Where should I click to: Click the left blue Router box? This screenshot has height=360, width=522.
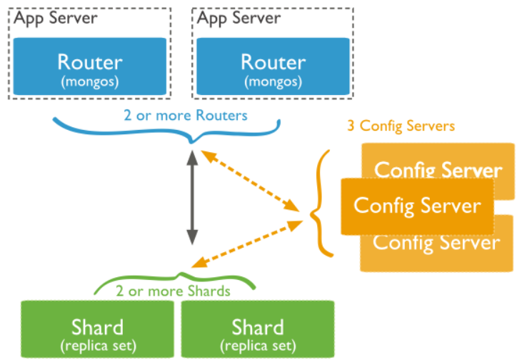(90, 67)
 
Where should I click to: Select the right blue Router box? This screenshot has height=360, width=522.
(273, 67)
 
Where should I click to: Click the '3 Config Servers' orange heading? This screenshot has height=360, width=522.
(401, 126)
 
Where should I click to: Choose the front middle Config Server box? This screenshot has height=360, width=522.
(417, 206)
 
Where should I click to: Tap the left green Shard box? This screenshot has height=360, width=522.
(97, 329)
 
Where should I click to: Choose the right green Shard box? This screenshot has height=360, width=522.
(257, 329)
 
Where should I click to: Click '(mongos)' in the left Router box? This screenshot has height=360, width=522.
(90, 81)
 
